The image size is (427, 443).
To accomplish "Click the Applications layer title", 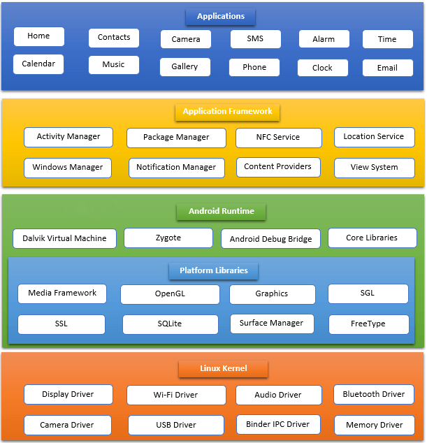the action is click(220, 17).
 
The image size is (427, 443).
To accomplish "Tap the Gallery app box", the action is click(185, 67).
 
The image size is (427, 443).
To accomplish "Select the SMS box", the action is click(256, 39).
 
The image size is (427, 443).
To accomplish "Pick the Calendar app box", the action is click(38, 64).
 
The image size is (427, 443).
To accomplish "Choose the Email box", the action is click(388, 68).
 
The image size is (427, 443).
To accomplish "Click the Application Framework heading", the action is click(228, 112).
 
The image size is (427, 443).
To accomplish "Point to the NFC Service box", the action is click(279, 138).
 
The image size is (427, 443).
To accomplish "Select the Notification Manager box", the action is click(177, 168).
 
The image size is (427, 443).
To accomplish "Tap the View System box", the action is click(375, 168).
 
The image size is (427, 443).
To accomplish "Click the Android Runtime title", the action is click(222, 212).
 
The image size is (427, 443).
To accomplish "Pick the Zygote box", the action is click(168, 238).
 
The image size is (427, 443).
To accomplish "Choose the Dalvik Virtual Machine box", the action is click(65, 239).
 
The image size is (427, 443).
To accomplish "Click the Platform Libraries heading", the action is click(214, 271).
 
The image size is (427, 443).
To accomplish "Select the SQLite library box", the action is click(171, 324).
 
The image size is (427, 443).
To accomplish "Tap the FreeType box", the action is click(369, 324).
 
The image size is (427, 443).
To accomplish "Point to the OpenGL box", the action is click(170, 294).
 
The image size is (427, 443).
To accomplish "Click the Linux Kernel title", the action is click(223, 369).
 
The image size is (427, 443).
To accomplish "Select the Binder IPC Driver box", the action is click(278, 424).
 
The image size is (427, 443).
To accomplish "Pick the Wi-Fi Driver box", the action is click(176, 395).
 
